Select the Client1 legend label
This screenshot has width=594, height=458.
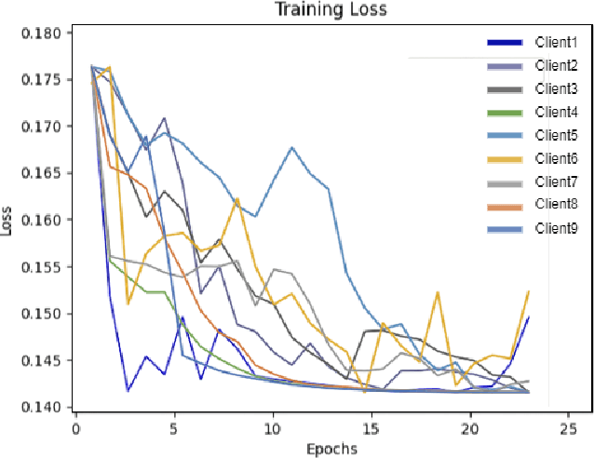point(556,43)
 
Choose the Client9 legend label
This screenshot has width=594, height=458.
point(556,228)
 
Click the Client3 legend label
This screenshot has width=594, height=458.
point(556,89)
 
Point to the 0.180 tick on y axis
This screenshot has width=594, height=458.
point(41,34)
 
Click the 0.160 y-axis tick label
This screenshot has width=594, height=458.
point(41,221)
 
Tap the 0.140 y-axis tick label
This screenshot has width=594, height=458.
point(41,408)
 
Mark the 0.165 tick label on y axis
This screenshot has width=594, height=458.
point(41,174)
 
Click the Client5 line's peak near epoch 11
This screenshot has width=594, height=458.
point(292,147)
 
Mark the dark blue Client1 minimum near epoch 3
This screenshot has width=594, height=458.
point(128,391)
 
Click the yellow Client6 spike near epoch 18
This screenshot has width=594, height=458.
point(437,291)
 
